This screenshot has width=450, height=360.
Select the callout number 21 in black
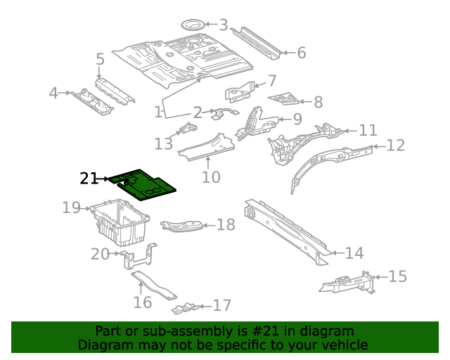point(89,179)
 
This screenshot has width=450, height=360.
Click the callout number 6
point(302,53)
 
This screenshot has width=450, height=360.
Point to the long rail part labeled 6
point(259,41)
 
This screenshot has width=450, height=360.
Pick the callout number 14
point(354,253)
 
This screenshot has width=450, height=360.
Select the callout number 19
point(71,208)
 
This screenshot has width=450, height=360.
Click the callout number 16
point(143,302)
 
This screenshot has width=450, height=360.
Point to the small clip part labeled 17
point(184,308)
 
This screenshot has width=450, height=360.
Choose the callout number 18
point(226,225)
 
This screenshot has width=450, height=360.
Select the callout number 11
point(368,131)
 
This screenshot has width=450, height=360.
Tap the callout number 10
point(211,177)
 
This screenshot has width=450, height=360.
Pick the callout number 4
point(53,93)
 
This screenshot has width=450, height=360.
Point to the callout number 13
point(164,144)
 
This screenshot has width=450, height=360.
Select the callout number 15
point(397,276)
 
